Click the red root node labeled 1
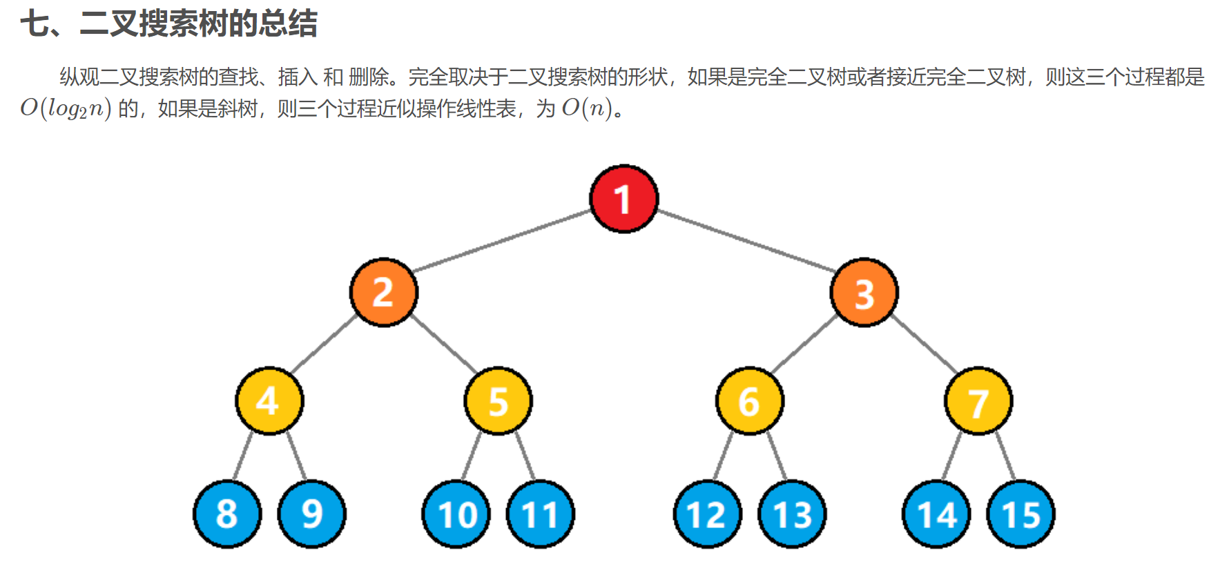pyautogui.click(x=623, y=199)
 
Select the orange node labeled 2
pyautogui.click(x=384, y=292)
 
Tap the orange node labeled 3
pyautogui.click(x=864, y=292)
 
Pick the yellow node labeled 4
pyautogui.click(x=269, y=400)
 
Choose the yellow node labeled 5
pyautogui.click(x=498, y=400)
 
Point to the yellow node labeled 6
pyautogui.click(x=749, y=400)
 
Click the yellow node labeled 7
pyautogui.click(x=978, y=400)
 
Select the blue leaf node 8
pyautogui.click(x=227, y=514)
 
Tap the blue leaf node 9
pyautogui.click(x=311, y=514)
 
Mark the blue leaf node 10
pyautogui.click(x=456, y=514)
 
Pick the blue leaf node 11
pyautogui.click(x=540, y=514)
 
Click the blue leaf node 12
pyautogui.click(x=707, y=514)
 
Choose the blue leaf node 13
pyautogui.click(x=792, y=514)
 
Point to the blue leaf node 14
pyautogui.click(x=936, y=514)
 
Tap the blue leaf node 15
pyautogui.click(x=1020, y=514)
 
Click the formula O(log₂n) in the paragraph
pyautogui.click(x=66, y=108)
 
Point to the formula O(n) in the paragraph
pyautogui.click(x=587, y=108)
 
